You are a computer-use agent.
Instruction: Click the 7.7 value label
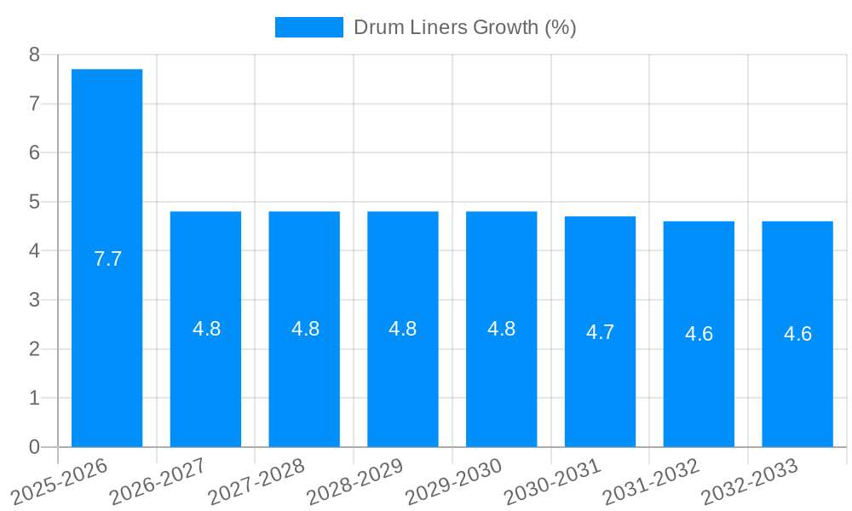[108, 259]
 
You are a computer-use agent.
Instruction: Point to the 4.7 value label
[600, 333]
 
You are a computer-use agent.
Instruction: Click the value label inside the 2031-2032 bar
[699, 334]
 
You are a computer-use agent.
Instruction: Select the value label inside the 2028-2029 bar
[403, 329]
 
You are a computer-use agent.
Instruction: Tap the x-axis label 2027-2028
[256, 481]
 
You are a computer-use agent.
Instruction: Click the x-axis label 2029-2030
[453, 481]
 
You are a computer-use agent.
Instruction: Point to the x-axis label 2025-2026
[59, 481]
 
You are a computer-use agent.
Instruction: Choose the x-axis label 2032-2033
[750, 481]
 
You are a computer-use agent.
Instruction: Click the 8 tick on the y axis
[34, 55]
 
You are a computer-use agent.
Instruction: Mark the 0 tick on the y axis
[34, 447]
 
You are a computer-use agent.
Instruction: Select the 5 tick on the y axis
[34, 202]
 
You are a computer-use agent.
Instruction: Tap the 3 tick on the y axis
[34, 300]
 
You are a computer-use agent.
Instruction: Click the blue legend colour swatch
[308, 27]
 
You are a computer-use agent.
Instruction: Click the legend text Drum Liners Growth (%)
[465, 27]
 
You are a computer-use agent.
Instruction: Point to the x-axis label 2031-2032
[651, 481]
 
